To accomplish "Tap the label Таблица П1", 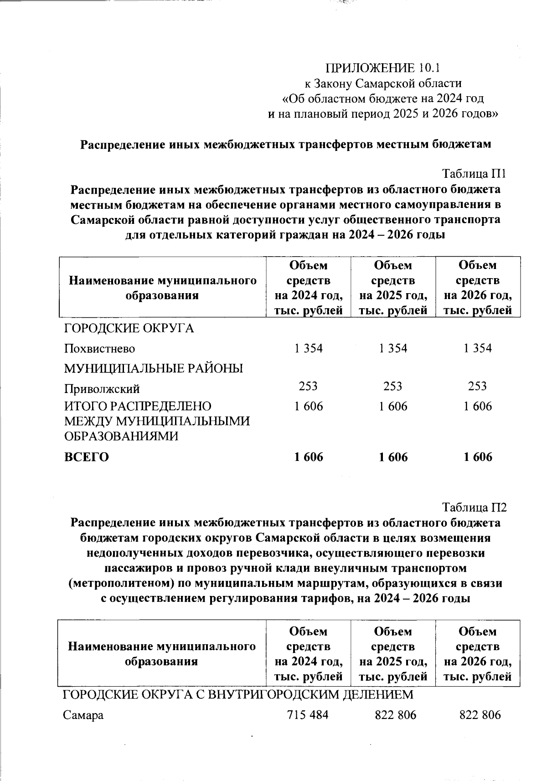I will click(x=475, y=174).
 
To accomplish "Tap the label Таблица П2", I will click(x=475, y=507).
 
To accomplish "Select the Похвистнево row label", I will click(x=99, y=349).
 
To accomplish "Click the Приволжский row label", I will click(x=102, y=389).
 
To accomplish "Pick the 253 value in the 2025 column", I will click(x=393, y=386).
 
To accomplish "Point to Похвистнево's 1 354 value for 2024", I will click(x=309, y=348).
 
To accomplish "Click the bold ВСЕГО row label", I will click(x=87, y=457).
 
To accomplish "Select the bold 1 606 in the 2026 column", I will click(x=478, y=457).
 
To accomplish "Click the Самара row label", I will click(x=83, y=715).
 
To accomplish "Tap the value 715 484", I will click(x=308, y=715).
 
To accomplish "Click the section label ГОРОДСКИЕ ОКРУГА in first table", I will click(x=129, y=328).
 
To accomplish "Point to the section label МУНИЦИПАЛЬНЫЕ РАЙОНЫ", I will click(x=154, y=368).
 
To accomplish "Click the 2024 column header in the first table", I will click(x=309, y=288).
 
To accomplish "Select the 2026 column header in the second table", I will click(x=478, y=654).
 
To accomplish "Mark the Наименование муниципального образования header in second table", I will click(x=162, y=654).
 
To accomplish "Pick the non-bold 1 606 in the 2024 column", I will click(x=309, y=406).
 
